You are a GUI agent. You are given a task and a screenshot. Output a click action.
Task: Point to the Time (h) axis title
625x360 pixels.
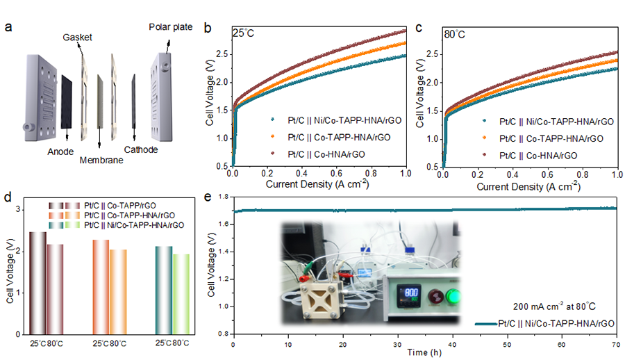click(x=424, y=353)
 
